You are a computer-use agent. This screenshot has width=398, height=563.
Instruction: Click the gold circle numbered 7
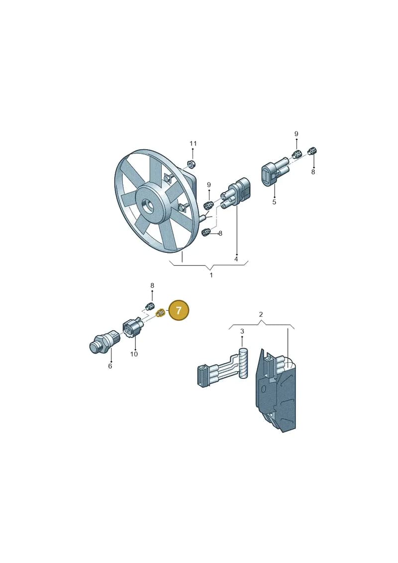(x=179, y=310)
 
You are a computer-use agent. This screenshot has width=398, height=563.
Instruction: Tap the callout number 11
(x=193, y=144)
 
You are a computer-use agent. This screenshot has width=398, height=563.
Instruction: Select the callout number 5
(x=274, y=202)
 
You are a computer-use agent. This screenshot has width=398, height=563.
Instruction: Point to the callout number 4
(x=236, y=259)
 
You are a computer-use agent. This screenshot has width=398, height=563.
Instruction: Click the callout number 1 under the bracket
(x=211, y=275)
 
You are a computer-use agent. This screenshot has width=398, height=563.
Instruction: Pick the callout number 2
(x=261, y=315)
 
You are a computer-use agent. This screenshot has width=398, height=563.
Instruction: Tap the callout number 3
(x=242, y=331)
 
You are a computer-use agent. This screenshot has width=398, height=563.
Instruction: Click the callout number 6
(x=110, y=366)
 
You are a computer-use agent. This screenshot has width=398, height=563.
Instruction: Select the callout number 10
(x=134, y=354)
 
